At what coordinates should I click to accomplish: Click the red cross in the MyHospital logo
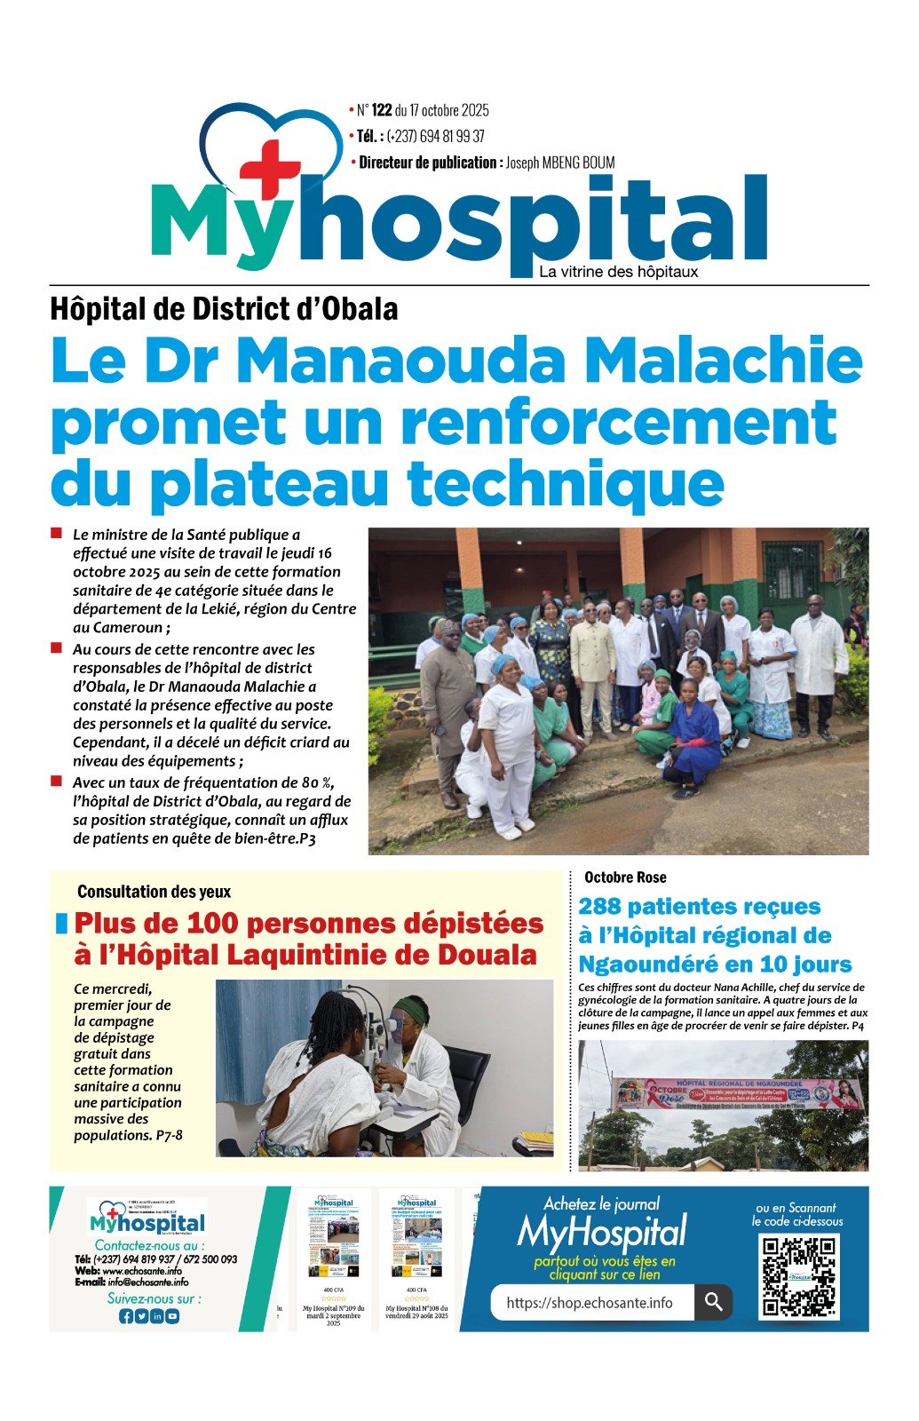click(x=270, y=169)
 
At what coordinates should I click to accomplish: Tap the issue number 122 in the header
click(x=382, y=110)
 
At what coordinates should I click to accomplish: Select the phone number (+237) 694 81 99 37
click(x=435, y=136)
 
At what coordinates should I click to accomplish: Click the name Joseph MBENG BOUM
click(x=560, y=163)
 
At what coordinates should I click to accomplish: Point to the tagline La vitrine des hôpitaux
click(x=618, y=272)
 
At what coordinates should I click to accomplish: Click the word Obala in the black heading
click(x=360, y=309)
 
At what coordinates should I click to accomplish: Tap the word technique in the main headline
click(x=566, y=484)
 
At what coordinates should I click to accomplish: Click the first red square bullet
click(x=56, y=534)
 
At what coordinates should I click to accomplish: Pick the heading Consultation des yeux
click(x=154, y=892)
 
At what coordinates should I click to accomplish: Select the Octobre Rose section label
click(x=625, y=877)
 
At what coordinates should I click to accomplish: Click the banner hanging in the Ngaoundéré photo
click(x=738, y=1094)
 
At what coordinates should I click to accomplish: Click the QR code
click(x=799, y=1276)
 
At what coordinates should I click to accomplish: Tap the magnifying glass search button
click(x=713, y=1302)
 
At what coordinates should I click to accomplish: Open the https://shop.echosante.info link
click(x=590, y=1303)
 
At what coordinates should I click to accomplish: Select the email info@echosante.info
click(x=147, y=1282)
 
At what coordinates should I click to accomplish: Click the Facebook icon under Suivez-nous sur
click(x=126, y=1316)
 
